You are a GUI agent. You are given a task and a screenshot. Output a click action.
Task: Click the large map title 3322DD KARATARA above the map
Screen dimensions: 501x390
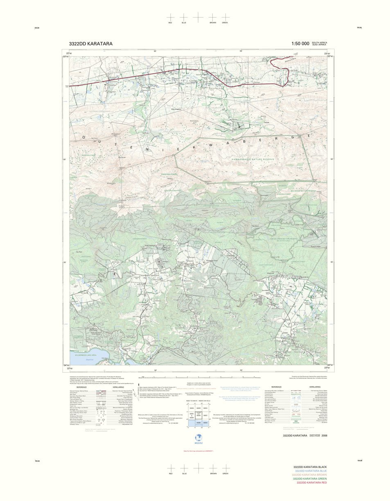pyautogui.click(x=90, y=44)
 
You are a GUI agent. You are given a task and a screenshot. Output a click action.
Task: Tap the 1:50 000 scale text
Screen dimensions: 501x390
pyautogui.click(x=300, y=44)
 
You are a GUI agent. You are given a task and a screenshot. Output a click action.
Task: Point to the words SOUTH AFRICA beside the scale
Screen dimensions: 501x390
pyautogui.click(x=319, y=43)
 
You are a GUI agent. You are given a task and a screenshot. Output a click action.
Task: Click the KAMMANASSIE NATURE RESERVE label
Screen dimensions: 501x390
pyautogui.click(x=253, y=159)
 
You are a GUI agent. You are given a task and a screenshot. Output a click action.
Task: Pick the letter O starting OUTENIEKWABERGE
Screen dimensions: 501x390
pyautogui.click(x=84, y=137)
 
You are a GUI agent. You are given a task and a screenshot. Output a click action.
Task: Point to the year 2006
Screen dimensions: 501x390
pyautogui.click(x=324, y=436)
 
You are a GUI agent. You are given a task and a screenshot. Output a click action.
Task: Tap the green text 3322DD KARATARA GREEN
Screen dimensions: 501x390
pyautogui.click(x=309, y=479)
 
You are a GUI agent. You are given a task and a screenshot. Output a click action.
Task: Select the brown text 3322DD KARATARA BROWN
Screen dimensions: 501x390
pyautogui.click(x=309, y=474)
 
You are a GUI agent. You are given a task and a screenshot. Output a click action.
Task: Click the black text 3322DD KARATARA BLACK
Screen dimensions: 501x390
pyautogui.click(x=310, y=467)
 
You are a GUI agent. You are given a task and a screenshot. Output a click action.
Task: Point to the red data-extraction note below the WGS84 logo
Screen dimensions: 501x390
pyautogui.click(x=198, y=451)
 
